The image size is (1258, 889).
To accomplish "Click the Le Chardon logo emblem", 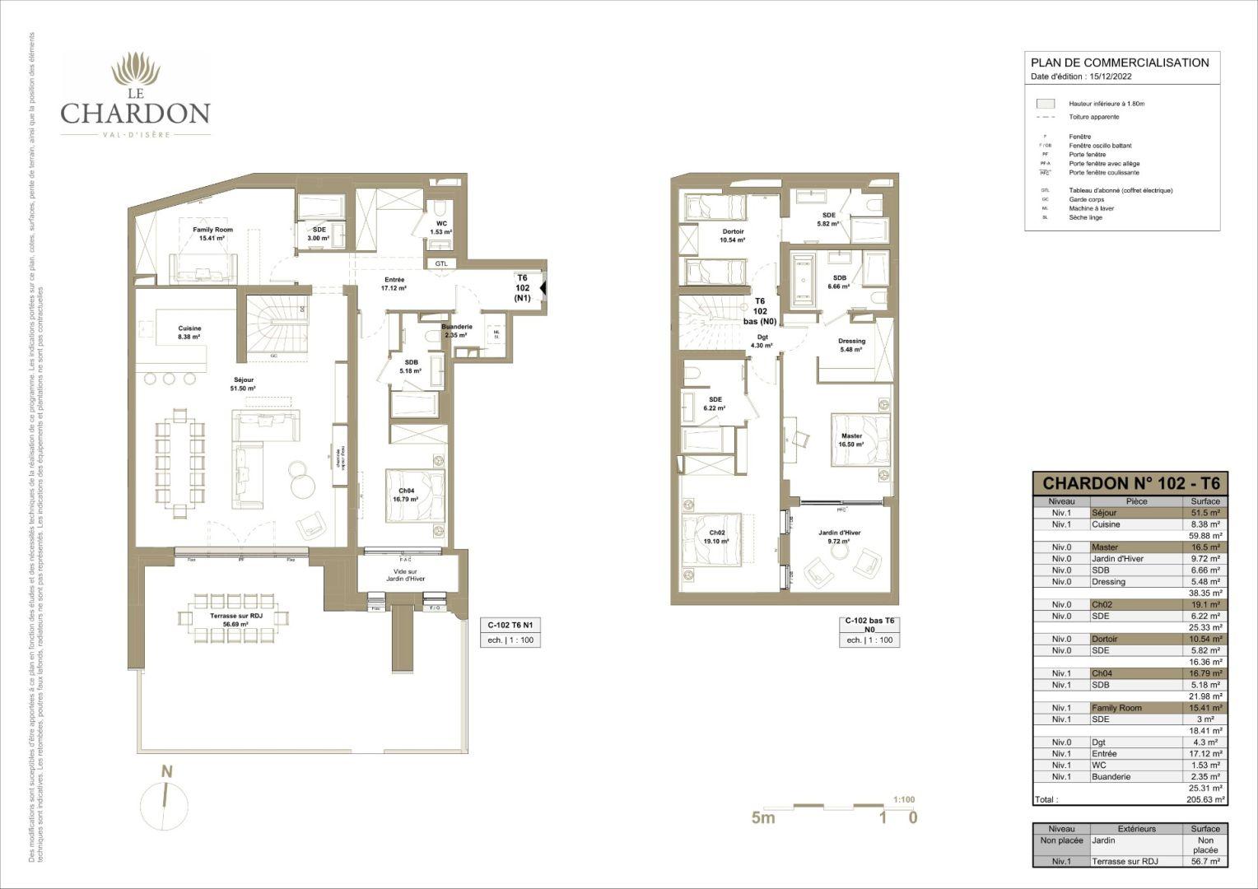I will click(136, 72).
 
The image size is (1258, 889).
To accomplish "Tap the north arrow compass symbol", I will click(167, 798).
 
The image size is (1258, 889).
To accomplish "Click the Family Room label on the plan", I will click(212, 234).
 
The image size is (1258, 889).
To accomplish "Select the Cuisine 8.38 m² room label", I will click(189, 333).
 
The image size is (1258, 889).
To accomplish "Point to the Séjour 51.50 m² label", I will click(244, 384).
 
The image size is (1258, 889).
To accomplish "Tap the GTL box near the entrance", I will click(441, 263).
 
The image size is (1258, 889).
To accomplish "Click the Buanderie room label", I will click(456, 331).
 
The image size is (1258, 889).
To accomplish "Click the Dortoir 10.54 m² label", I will click(732, 236).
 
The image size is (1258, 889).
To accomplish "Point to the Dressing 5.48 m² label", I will click(851, 345).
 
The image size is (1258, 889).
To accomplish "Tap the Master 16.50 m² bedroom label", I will click(851, 440).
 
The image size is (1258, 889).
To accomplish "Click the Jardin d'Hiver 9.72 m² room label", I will click(840, 537).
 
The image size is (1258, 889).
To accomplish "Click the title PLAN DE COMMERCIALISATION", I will click(1120, 63).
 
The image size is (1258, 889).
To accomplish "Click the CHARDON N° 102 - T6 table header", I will click(1130, 483).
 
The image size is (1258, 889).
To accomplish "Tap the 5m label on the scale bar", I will click(763, 817).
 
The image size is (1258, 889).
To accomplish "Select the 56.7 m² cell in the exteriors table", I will click(1205, 862).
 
